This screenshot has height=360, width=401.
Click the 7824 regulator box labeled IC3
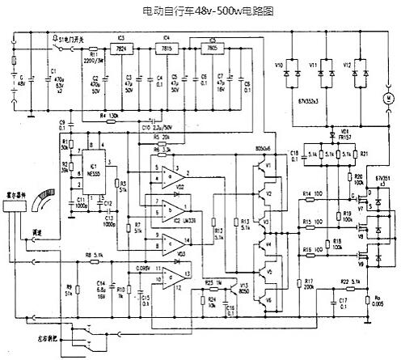[125, 49]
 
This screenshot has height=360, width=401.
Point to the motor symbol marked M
[386, 98]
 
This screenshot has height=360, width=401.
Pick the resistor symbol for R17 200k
[299, 284]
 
